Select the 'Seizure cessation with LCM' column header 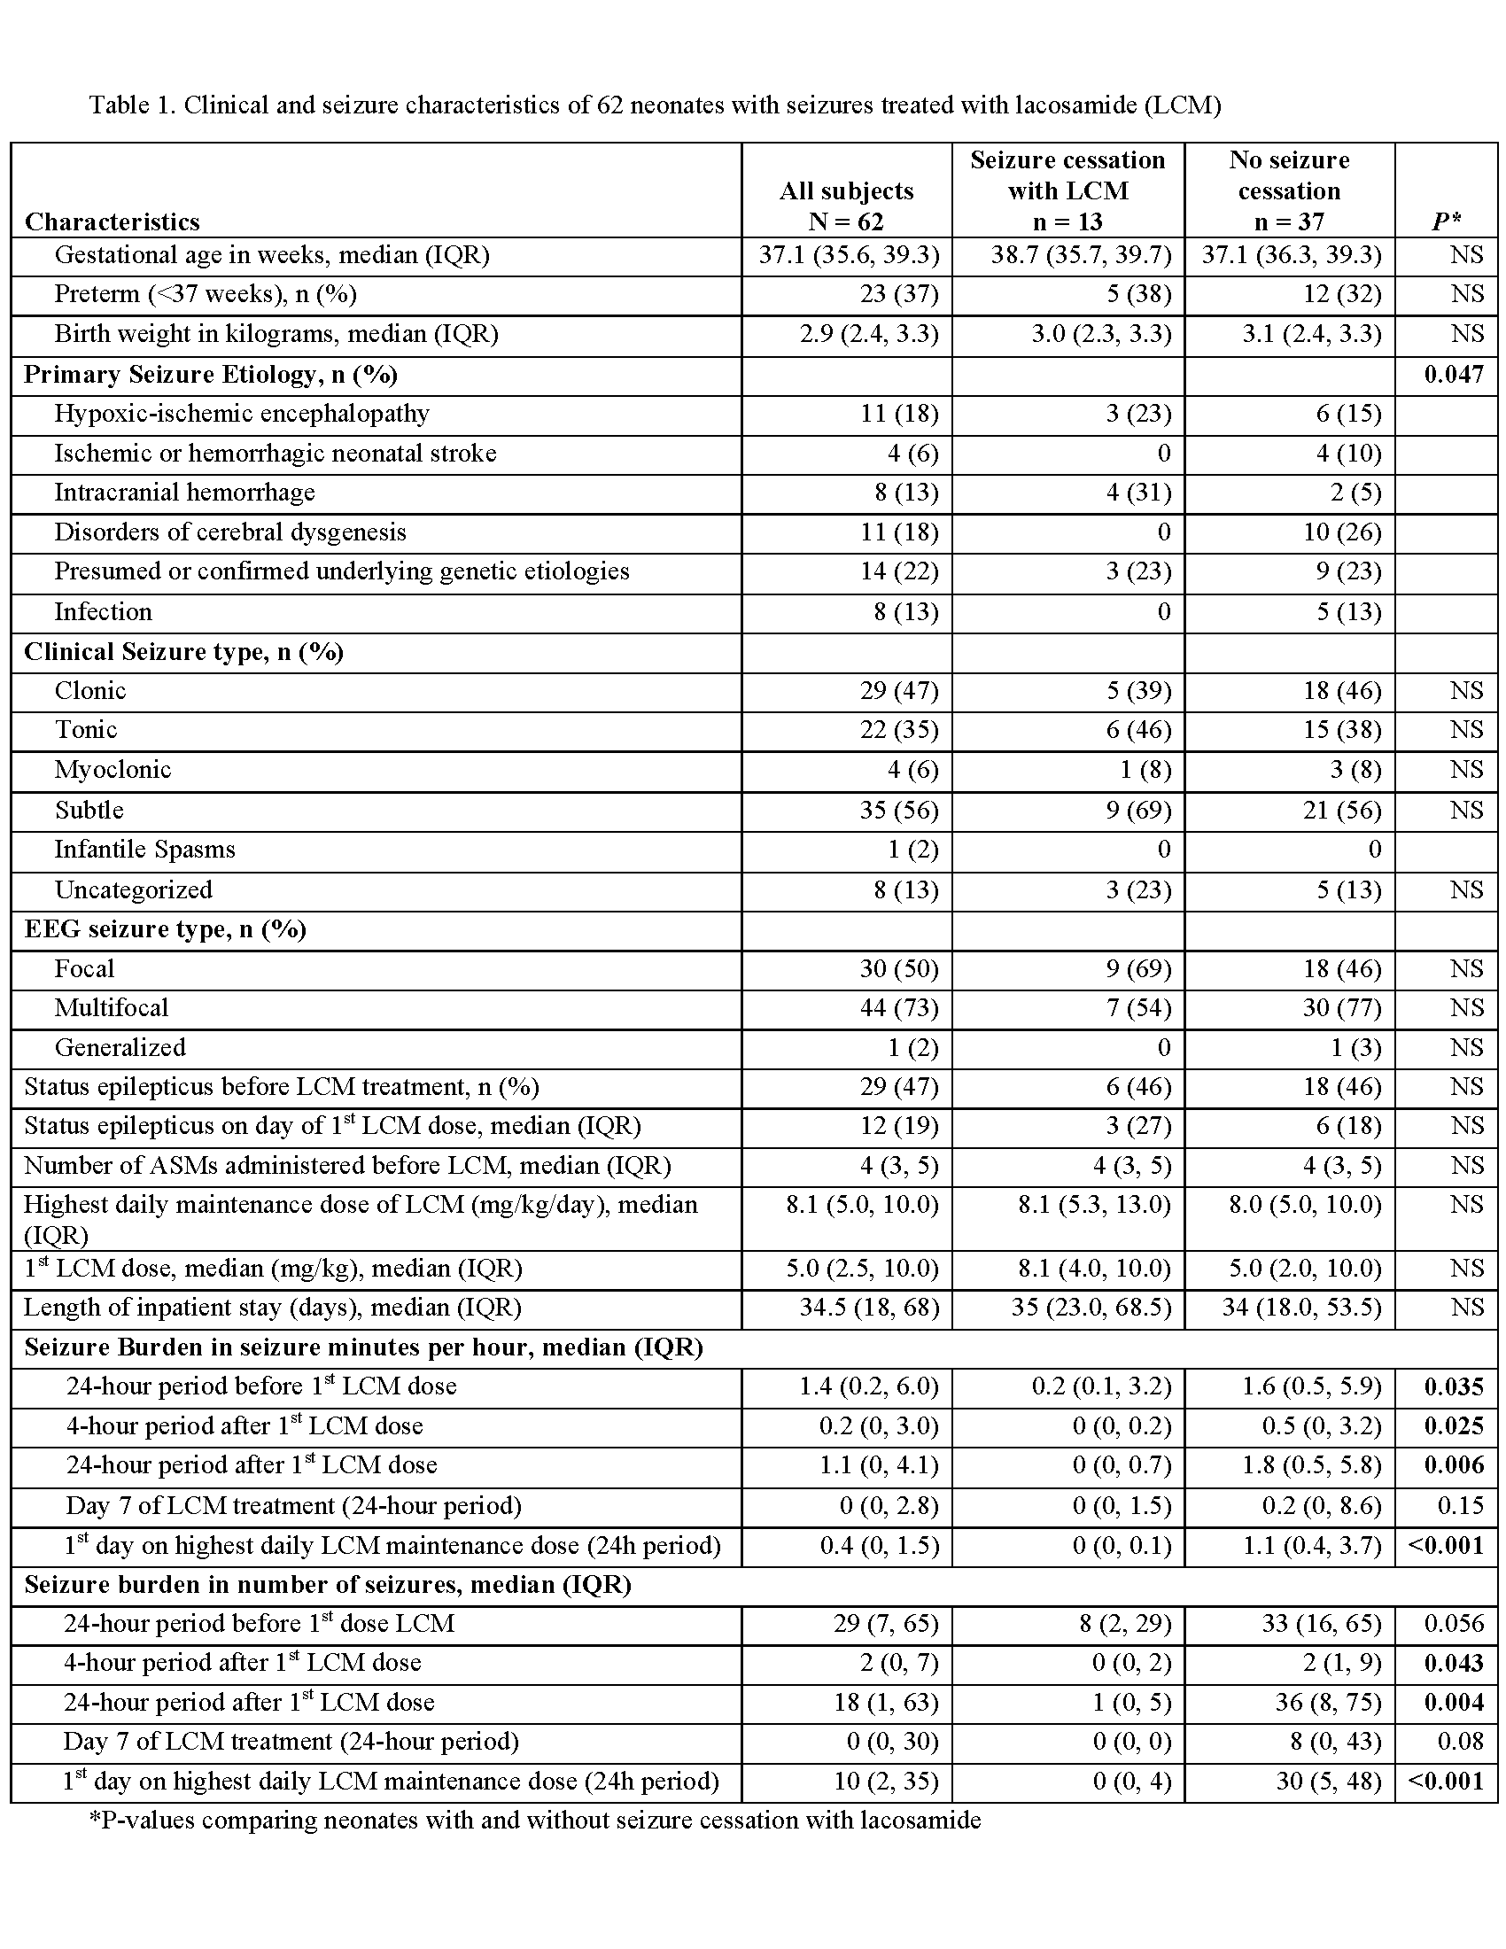coord(1067,191)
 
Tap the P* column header coord(1446,221)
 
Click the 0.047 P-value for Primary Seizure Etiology coord(1454,374)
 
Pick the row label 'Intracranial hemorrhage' coord(184,493)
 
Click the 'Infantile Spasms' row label coord(144,850)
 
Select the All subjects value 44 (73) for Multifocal coord(899,1008)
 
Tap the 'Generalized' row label coord(120,1048)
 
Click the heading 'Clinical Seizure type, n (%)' coord(183,652)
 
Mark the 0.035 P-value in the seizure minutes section coord(1454,1386)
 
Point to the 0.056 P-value coord(1454,1624)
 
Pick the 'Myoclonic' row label coord(113,770)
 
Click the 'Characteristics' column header coord(113,221)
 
